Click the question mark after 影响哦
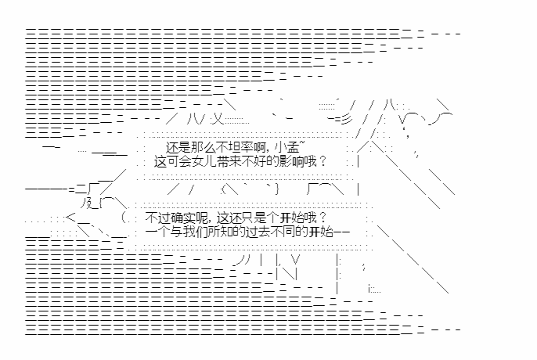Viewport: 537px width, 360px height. coord(323,161)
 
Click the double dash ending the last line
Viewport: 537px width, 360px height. coord(341,232)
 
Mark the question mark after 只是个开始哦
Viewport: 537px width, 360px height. coord(323,218)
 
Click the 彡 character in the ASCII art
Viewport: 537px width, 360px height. coord(346,118)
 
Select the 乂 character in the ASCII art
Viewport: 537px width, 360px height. coord(217,118)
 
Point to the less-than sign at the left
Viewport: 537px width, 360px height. coord(70,218)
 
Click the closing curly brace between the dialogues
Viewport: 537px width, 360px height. coord(277,189)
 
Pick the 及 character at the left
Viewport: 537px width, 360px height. coord(87,203)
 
